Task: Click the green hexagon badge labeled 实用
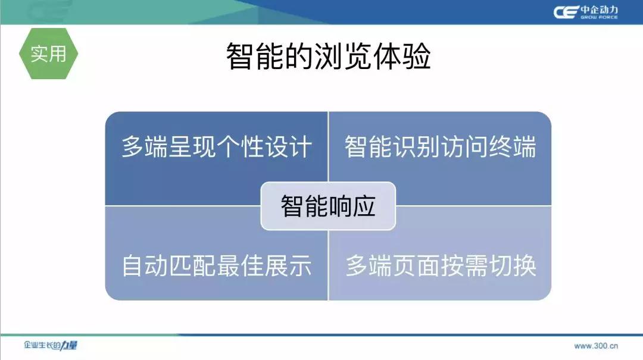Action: pyautogui.click(x=48, y=54)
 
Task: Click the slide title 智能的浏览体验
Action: pyautogui.click(x=329, y=56)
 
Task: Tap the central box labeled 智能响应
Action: pyautogui.click(x=328, y=206)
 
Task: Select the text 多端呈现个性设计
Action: pyautogui.click(x=217, y=147)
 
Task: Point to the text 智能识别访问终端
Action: pyautogui.click(x=441, y=147)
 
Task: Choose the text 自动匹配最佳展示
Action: pyautogui.click(x=217, y=265)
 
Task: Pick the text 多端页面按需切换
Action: pyautogui.click(x=441, y=265)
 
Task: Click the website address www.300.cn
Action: pyautogui.click(x=596, y=346)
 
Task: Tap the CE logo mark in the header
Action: pyautogui.click(x=566, y=12)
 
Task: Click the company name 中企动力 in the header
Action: pyautogui.click(x=599, y=10)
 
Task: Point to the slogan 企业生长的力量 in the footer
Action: pyautogui.click(x=51, y=345)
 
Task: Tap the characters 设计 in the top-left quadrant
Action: pyautogui.click(x=288, y=147)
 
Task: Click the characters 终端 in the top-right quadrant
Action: pyautogui.click(x=513, y=147)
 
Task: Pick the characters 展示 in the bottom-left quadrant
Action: pyautogui.click(x=288, y=265)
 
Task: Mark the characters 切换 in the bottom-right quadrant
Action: pyautogui.click(x=513, y=265)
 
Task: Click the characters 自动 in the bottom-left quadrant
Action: pyautogui.click(x=145, y=265)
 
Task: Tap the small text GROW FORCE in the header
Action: pyautogui.click(x=599, y=17)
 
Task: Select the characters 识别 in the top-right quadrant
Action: pyautogui.click(x=417, y=147)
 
